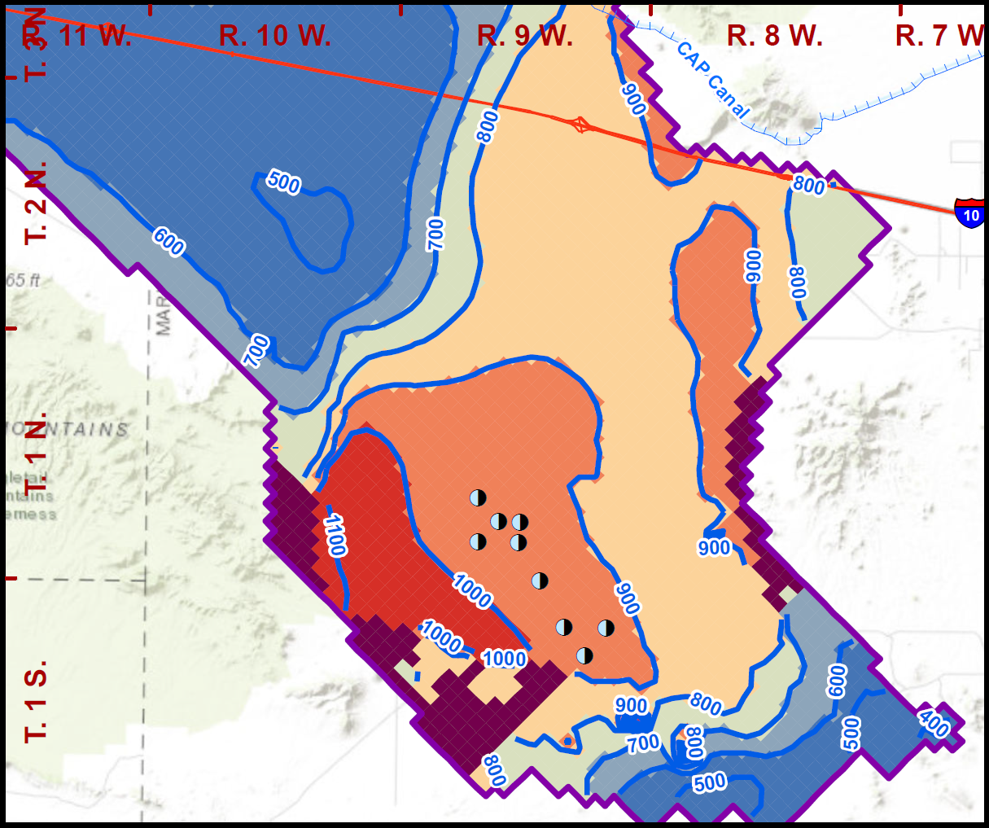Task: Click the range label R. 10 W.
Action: click(x=275, y=36)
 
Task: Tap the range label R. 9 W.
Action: click(x=525, y=36)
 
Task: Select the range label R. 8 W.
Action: click(x=775, y=36)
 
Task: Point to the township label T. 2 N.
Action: click(x=37, y=201)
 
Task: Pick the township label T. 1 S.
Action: click(x=37, y=700)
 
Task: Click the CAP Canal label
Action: click(x=712, y=80)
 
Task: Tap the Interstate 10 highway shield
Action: click(x=970, y=213)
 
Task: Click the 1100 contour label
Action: click(x=335, y=535)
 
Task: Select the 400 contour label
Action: click(x=934, y=722)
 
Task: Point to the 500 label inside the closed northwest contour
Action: click(x=282, y=182)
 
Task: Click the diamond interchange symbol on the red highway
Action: click(x=580, y=125)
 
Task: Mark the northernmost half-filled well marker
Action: click(x=478, y=497)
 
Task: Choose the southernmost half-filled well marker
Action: click(x=584, y=655)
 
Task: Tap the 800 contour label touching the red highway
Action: click(x=809, y=186)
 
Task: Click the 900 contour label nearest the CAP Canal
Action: click(x=634, y=99)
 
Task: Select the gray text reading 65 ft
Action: click(x=23, y=281)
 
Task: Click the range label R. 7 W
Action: click(x=940, y=36)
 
